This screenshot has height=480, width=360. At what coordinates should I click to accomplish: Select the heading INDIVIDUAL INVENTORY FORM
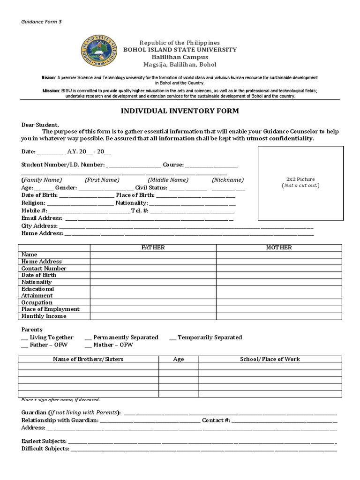pos(180,111)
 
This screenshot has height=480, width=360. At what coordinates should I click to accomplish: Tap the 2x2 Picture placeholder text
pos(300,179)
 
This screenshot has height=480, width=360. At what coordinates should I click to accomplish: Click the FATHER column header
pos(153,247)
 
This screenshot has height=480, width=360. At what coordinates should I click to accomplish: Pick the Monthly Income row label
pos(44,316)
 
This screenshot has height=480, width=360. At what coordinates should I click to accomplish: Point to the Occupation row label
pos(37,302)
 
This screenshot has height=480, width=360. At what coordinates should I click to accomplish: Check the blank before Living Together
pos(24,337)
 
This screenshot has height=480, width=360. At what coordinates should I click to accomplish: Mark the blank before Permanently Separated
pos(88,337)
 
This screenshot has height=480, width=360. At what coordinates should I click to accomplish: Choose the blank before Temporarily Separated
pos(172,337)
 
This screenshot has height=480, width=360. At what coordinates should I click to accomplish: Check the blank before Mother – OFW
pos(88,345)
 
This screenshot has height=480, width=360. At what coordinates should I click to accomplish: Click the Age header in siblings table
pos(179,360)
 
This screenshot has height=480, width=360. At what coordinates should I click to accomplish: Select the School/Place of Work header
pos(270,359)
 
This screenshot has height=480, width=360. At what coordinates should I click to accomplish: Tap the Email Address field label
pos(42,218)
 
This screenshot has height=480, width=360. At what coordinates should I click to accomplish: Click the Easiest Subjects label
pos(44,441)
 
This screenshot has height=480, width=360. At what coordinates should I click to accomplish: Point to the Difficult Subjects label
pos(45,449)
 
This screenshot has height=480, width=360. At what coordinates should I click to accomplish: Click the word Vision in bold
pos(48,77)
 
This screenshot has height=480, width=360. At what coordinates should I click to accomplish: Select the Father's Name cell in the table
pos(153,255)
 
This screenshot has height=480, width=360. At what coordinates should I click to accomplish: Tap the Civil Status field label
pos(151,187)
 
